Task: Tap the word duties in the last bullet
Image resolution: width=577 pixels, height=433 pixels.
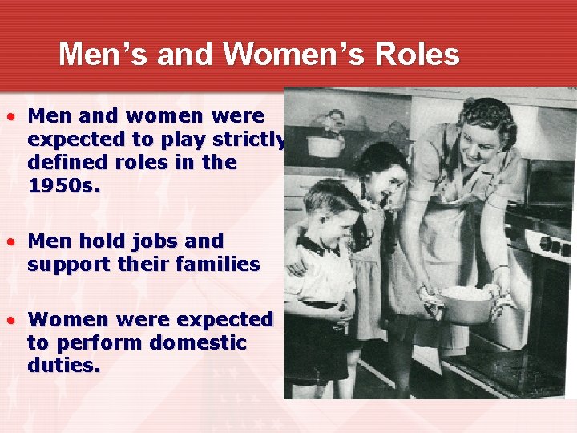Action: coord(63,366)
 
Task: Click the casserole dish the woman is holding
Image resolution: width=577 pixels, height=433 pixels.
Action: coord(463,304)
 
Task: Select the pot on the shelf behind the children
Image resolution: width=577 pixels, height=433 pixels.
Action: coord(325,145)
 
